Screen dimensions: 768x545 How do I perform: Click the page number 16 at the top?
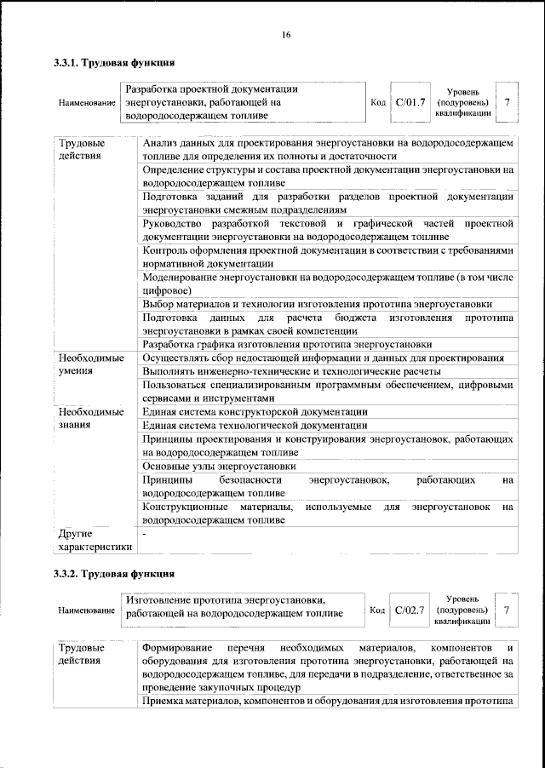[286, 34]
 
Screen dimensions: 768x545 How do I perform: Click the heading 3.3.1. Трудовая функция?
[114, 62]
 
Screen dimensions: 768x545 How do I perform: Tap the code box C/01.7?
[410, 102]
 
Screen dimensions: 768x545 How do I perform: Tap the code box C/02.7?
[410, 610]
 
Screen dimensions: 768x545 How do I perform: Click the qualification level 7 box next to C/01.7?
[508, 102]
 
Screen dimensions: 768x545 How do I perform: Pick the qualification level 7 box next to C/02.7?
[508, 610]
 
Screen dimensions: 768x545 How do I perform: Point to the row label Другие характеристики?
[95, 540]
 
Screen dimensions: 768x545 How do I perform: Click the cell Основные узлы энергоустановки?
[220, 467]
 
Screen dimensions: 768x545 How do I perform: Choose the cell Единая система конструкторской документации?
[255, 412]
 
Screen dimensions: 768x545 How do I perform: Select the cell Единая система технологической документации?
[255, 426]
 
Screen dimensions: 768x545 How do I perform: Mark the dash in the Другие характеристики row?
[146, 534]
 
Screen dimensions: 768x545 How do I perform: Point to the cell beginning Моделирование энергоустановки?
[328, 284]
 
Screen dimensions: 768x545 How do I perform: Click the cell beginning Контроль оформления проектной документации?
[328, 256]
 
